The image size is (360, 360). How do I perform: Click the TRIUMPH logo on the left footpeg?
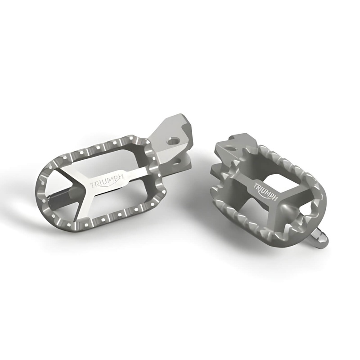107,185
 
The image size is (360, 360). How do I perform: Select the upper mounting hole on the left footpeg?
171,141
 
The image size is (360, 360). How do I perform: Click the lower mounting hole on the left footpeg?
176,160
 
